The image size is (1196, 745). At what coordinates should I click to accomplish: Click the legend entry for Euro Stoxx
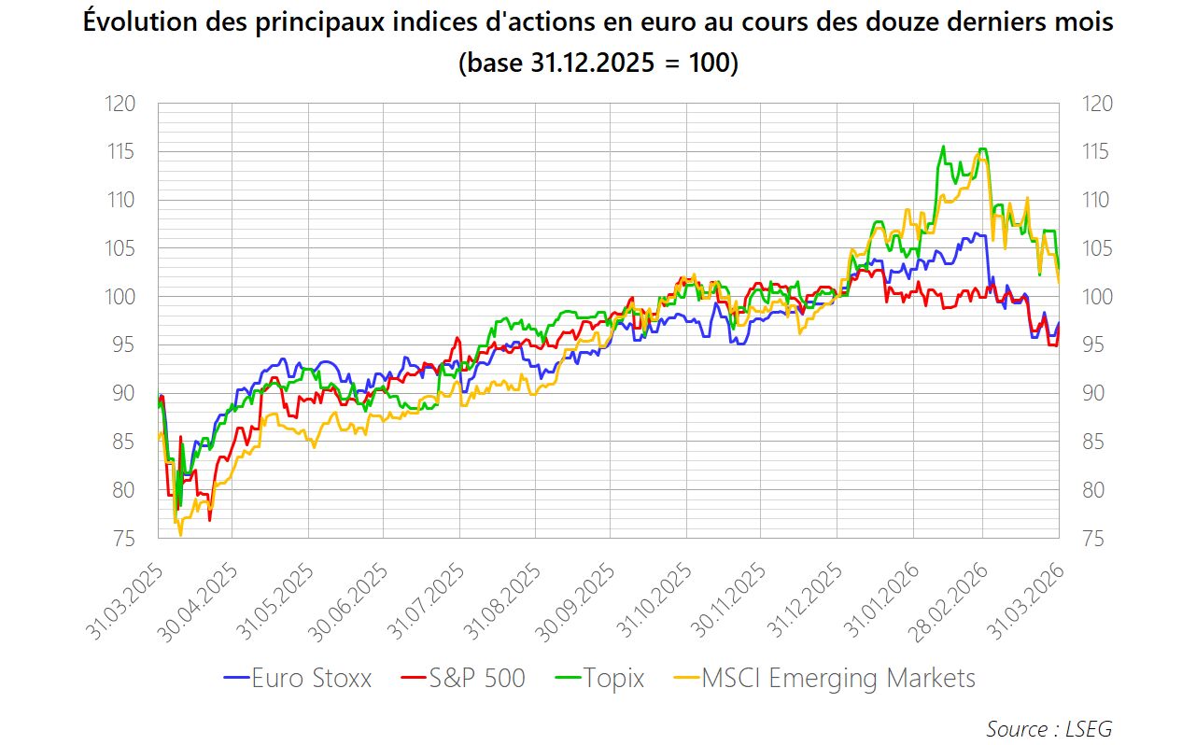(x=298, y=678)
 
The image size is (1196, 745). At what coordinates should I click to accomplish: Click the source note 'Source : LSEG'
(x=1048, y=728)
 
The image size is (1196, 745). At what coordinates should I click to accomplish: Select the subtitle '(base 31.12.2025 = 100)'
(x=598, y=63)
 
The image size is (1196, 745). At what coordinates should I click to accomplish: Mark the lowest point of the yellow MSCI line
(x=180, y=535)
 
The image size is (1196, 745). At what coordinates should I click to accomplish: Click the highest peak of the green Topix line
(x=943, y=147)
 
